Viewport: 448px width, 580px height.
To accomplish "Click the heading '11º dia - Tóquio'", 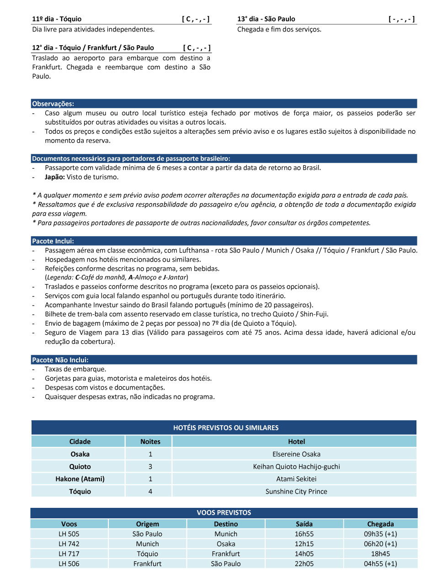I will tap(57, 19).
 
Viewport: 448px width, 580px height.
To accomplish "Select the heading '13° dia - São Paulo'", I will tap(266, 19).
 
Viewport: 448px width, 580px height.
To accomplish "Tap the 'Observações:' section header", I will tap(53, 104).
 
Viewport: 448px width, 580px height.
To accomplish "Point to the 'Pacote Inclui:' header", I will tap(53, 241).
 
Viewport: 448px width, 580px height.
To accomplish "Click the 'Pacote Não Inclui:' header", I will tap(60, 360).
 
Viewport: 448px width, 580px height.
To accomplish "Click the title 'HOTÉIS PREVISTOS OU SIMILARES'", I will tap(226, 428).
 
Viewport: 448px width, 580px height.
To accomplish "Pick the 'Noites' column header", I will tap(150, 442).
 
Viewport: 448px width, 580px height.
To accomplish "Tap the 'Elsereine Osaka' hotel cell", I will tap(296, 454).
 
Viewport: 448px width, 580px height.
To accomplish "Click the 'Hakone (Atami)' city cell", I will tap(80, 479).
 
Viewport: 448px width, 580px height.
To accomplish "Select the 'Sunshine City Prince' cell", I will tap(296, 492).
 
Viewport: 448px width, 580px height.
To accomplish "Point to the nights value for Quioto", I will tap(150, 467).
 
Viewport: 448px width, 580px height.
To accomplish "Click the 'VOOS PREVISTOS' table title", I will tap(224, 513).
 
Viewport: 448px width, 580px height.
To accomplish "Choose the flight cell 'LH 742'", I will tap(69, 544).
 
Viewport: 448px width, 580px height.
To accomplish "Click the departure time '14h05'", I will tap(304, 554).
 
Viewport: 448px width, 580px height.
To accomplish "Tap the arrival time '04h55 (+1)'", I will tap(380, 564).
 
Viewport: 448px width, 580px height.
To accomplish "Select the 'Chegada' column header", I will tap(380, 524).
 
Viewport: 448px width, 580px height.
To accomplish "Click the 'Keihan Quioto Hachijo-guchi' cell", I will tap(296, 467).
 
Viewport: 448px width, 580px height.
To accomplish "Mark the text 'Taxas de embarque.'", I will tap(75, 369).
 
